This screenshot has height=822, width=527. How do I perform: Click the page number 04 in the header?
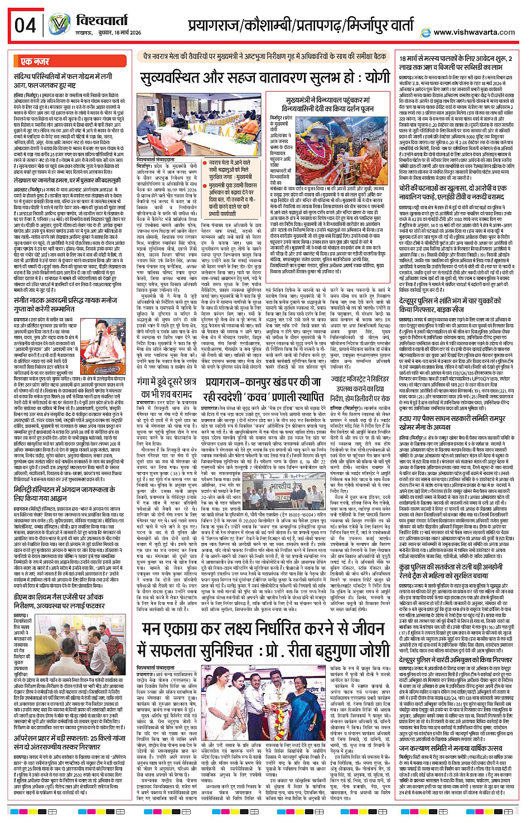pos(26,26)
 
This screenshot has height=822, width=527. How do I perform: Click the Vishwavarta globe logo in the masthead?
pos(59,24)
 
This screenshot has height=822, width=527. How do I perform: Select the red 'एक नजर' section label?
pos(35,61)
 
